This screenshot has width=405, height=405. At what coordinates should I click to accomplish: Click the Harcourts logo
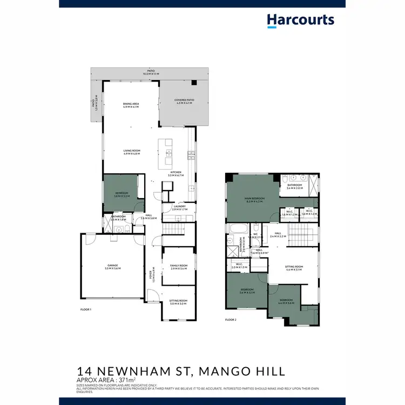click(x=300, y=20)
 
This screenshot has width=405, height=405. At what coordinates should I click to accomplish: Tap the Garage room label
click(x=113, y=267)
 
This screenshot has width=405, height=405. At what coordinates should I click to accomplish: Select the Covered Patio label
click(x=184, y=102)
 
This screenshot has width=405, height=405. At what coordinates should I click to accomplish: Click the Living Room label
click(x=131, y=152)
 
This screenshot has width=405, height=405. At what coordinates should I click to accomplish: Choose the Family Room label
click(x=178, y=267)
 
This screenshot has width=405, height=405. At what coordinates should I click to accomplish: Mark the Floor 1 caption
click(x=86, y=309)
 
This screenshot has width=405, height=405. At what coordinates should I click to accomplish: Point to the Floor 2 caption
click(x=231, y=320)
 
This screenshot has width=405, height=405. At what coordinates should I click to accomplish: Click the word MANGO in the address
click(x=226, y=371)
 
